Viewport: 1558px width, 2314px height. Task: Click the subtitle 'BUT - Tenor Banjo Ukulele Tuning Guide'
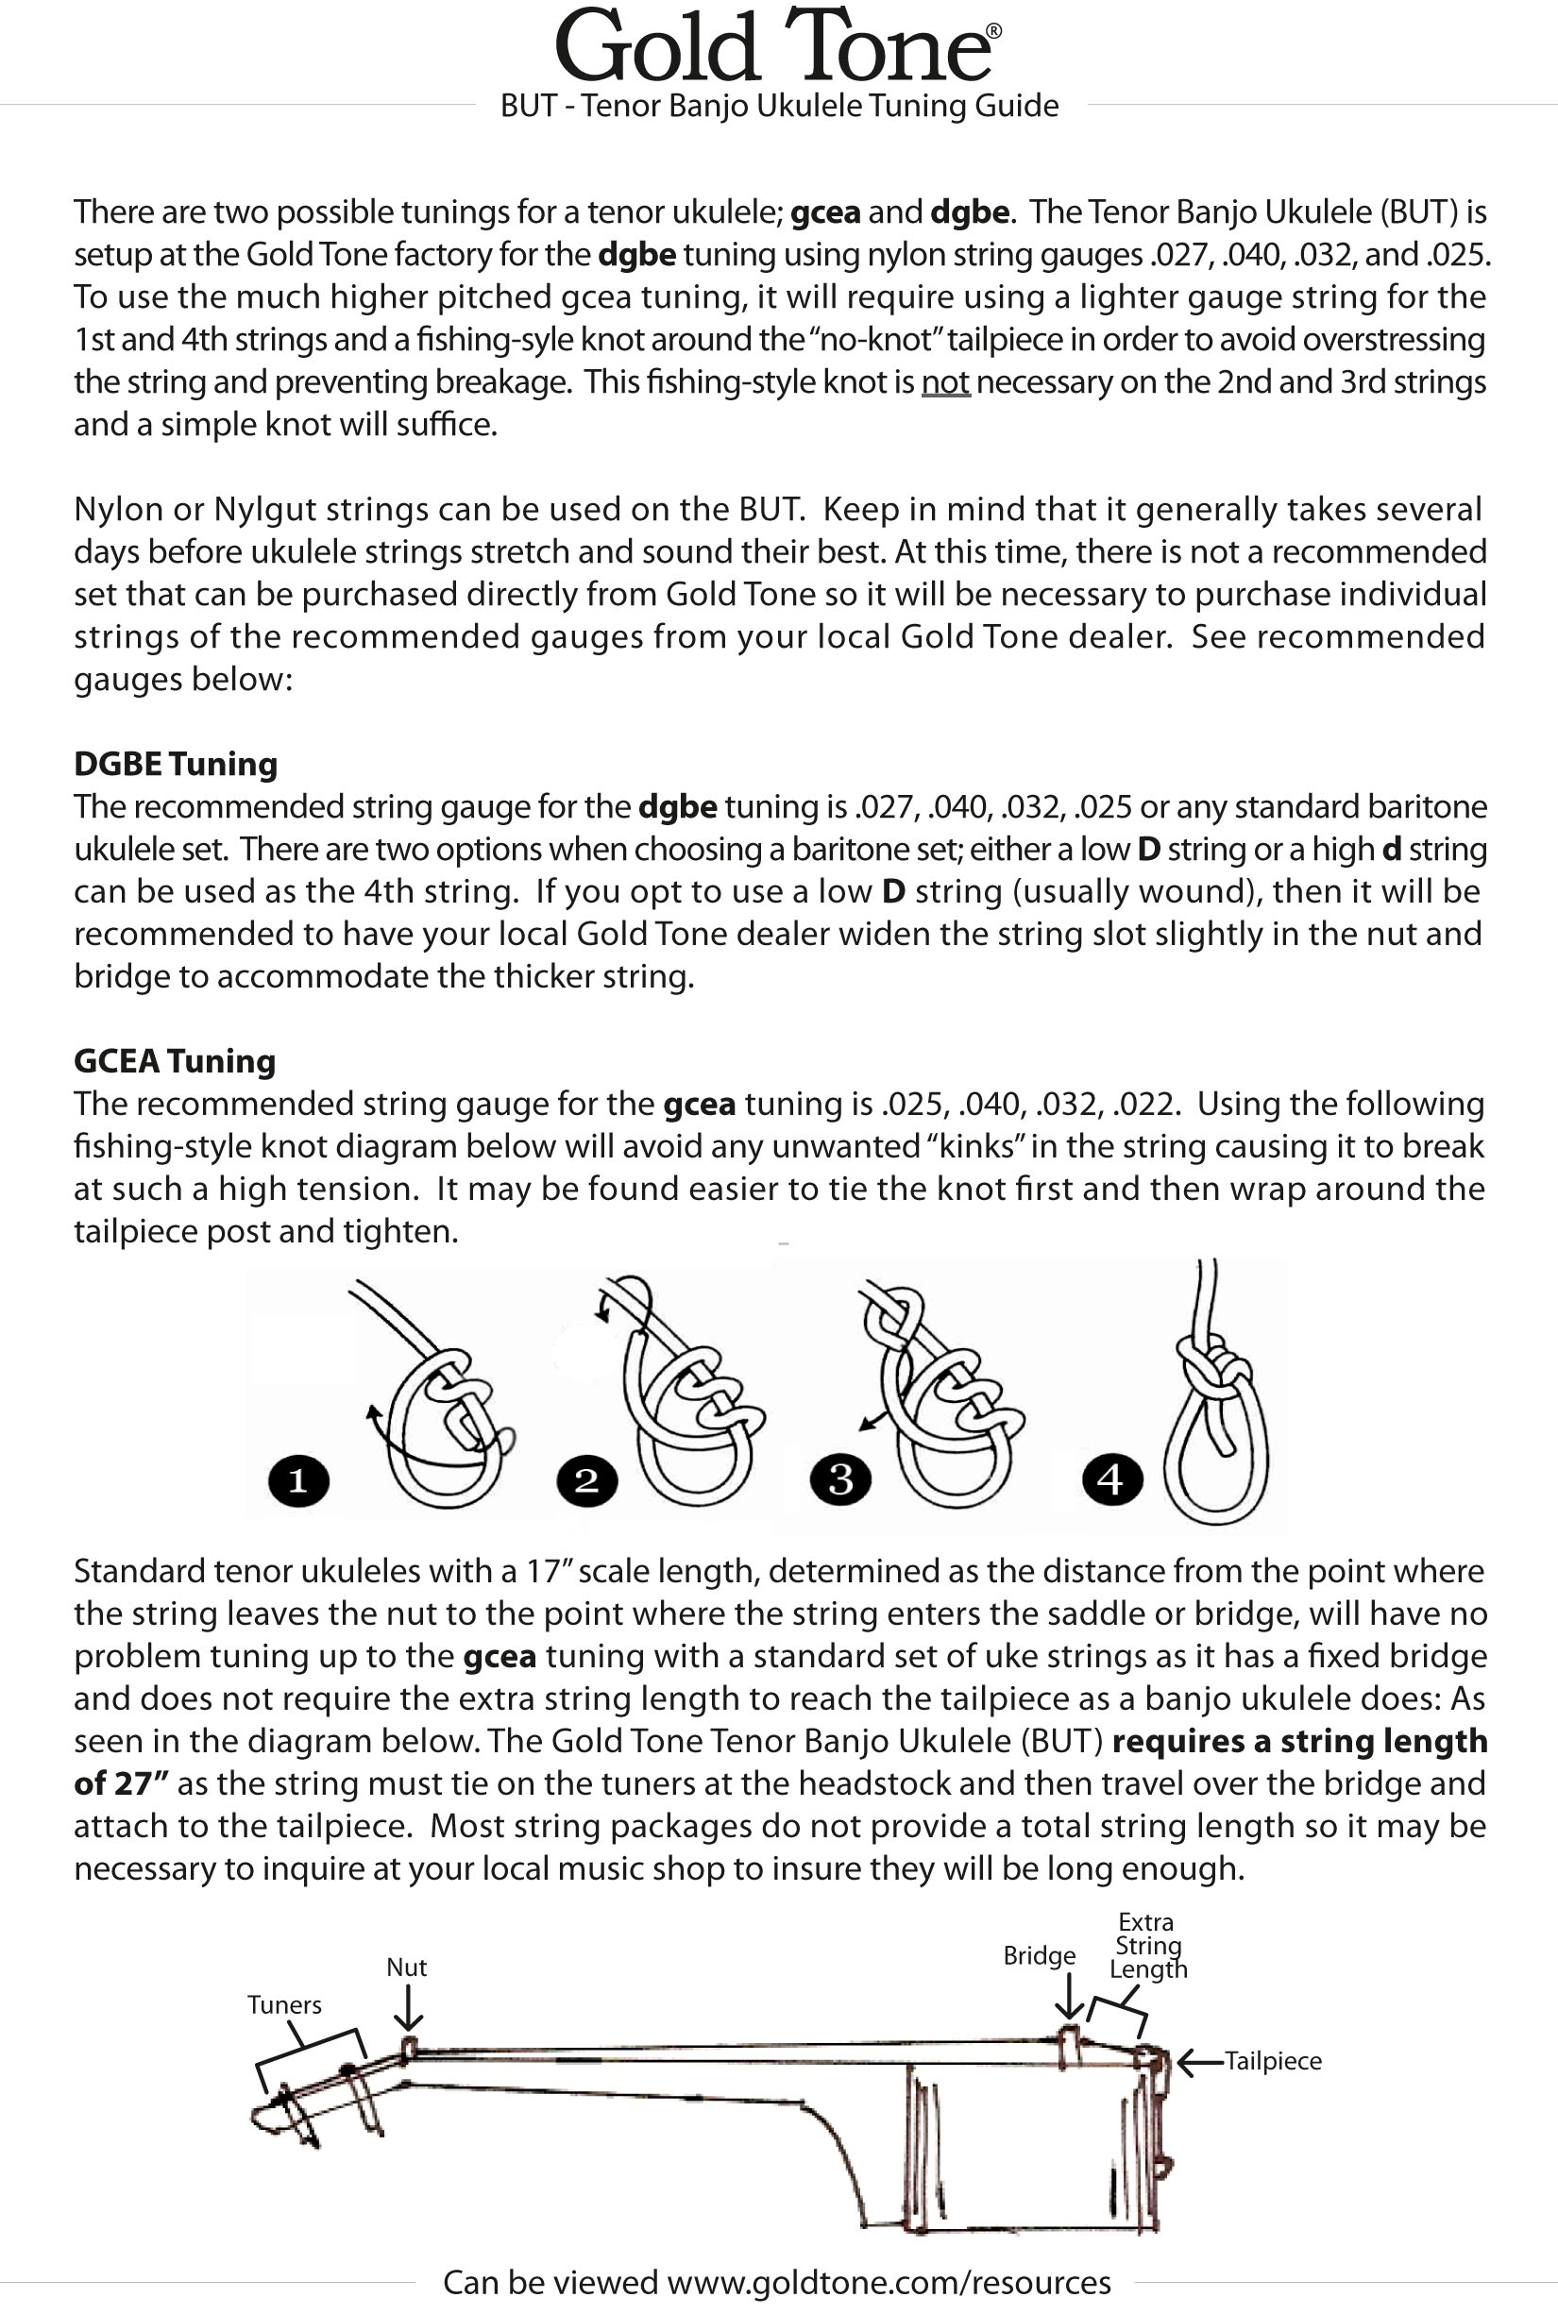[779, 106]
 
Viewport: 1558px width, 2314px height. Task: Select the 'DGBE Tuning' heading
[176, 764]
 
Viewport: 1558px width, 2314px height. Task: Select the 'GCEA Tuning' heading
[175, 1061]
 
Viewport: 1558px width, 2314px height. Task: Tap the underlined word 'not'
[945, 382]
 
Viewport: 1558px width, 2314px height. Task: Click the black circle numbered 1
[298, 1481]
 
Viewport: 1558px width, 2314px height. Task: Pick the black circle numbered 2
[587, 1481]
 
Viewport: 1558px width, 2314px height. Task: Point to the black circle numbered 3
[840, 1480]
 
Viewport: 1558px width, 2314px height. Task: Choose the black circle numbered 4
[1112, 1480]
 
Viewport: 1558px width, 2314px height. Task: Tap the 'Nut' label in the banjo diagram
[406, 1968]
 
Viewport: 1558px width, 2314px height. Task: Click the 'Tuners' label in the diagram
[284, 2005]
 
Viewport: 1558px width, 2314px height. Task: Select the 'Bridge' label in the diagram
[1040, 1955]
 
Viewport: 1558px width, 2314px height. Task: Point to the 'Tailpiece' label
[1273, 2061]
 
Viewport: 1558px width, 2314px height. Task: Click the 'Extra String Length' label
[1147, 1946]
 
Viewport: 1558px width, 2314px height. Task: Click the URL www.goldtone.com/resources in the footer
[889, 2282]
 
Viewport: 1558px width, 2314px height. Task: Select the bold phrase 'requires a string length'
[1298, 1742]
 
